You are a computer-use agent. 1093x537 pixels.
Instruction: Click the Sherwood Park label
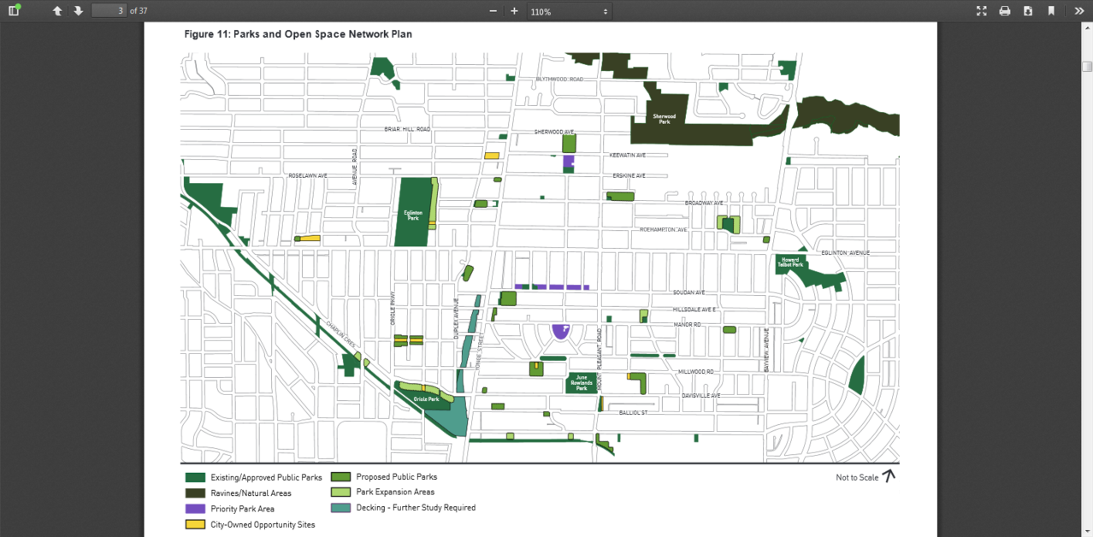[664, 119]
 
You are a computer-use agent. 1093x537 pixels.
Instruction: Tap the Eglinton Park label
[413, 215]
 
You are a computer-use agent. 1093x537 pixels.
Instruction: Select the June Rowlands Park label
[582, 382]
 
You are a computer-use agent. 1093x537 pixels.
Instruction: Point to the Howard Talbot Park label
[789, 263]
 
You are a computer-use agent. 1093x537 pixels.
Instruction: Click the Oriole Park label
[426, 399]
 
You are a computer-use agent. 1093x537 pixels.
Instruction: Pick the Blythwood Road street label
[559, 80]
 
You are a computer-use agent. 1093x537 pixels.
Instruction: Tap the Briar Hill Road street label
[407, 129]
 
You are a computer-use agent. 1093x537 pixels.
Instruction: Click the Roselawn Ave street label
[308, 175]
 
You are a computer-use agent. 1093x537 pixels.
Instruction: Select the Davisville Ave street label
[700, 396]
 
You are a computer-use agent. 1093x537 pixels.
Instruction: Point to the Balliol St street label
[633, 413]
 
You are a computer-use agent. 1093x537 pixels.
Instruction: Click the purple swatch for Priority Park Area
[195, 509]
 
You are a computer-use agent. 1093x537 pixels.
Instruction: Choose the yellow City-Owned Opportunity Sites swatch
[195, 524]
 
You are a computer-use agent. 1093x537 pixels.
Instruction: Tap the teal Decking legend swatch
[340, 508]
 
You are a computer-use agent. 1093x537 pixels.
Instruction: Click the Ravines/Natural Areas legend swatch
[195, 493]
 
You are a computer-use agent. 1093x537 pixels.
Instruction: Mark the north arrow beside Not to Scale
[889, 476]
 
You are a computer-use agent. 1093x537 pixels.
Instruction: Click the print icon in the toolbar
[1005, 11]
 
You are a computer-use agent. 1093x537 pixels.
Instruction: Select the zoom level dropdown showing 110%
[569, 11]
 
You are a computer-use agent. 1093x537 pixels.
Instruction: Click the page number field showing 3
[109, 10]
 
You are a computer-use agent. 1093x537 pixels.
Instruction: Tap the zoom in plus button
[514, 11]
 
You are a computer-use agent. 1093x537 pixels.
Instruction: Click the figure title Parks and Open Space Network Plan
[298, 34]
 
